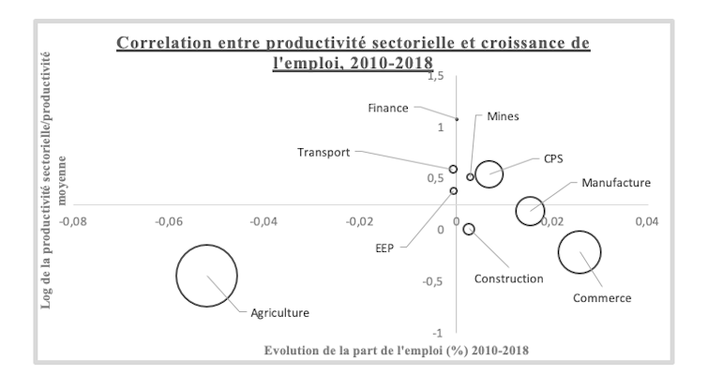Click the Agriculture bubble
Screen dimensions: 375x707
pyautogui.click(x=207, y=275)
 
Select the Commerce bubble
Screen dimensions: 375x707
pyautogui.click(x=579, y=252)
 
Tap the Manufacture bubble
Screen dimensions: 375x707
pyautogui.click(x=531, y=211)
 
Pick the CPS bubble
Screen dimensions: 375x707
pyautogui.click(x=489, y=172)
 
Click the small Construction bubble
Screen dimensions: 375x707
pyautogui.click(x=469, y=229)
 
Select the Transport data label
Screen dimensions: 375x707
pyautogui.click(x=323, y=153)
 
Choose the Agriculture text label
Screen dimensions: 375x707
pyautogui.click(x=279, y=313)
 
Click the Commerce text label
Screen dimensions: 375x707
pyautogui.click(x=602, y=298)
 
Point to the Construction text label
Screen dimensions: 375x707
pyautogui.click(x=508, y=278)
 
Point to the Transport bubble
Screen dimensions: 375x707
pyautogui.click(x=454, y=170)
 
